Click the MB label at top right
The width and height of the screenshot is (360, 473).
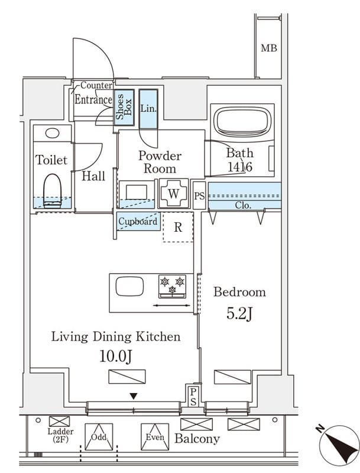(x=268, y=48)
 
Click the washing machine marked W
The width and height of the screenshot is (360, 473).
(x=173, y=193)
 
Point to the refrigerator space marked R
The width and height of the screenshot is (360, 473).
(x=178, y=227)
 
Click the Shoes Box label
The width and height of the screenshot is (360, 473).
(x=124, y=107)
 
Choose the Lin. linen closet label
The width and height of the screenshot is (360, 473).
(x=148, y=108)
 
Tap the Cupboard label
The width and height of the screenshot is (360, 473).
(x=138, y=221)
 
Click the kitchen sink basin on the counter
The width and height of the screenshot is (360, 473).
(x=129, y=286)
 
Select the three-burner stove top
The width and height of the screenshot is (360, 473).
(x=172, y=286)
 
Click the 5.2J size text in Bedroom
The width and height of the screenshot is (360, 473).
(x=239, y=314)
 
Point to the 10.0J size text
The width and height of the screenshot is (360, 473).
(x=116, y=357)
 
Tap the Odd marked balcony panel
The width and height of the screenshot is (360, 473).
(x=99, y=437)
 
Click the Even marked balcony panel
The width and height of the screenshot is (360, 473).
(x=155, y=437)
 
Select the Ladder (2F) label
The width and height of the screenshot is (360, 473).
(x=60, y=435)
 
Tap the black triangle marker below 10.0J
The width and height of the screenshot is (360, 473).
(x=134, y=396)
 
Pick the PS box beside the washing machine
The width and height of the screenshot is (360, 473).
(x=199, y=196)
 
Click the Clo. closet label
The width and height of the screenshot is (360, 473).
(x=243, y=205)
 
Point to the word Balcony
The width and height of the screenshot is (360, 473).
(x=197, y=438)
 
